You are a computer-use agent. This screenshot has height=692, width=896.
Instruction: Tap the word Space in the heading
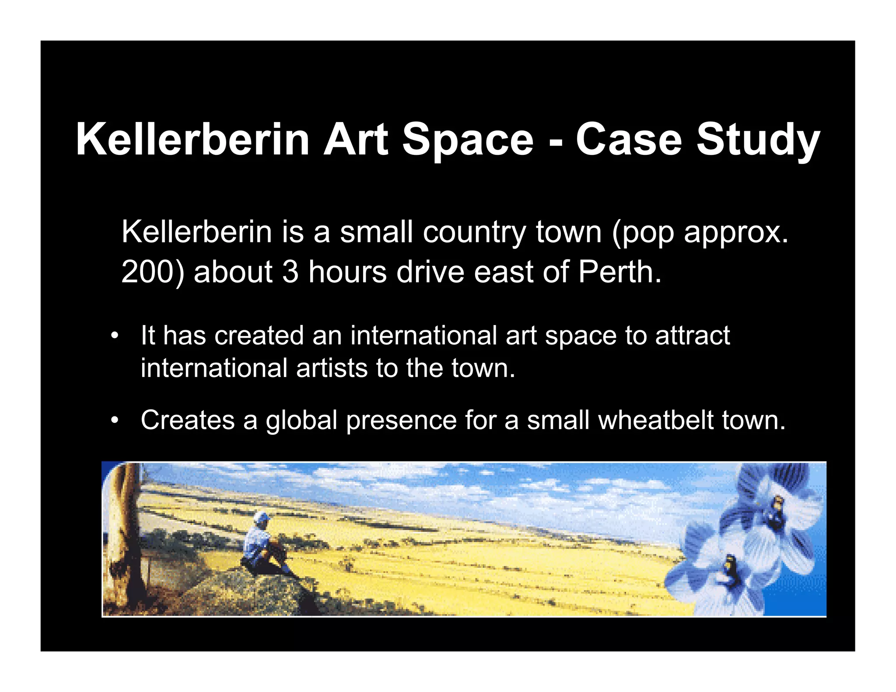click(x=467, y=140)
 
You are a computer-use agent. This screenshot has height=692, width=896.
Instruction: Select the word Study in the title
click(x=757, y=140)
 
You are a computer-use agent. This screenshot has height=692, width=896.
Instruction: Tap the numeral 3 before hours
click(x=290, y=272)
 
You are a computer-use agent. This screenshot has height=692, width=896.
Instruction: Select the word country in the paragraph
click(x=474, y=233)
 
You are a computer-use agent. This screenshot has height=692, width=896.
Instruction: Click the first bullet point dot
click(x=115, y=336)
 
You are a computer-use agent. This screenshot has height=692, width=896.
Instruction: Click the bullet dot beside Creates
click(x=115, y=421)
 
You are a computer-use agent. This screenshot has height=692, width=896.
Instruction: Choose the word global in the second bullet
click(x=301, y=421)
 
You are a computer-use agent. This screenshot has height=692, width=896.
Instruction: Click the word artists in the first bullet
click(x=332, y=368)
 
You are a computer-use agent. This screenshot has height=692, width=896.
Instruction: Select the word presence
click(x=401, y=421)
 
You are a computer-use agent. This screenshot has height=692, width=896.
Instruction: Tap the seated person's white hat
click(x=262, y=517)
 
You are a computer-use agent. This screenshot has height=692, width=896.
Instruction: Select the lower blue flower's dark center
click(x=730, y=569)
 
